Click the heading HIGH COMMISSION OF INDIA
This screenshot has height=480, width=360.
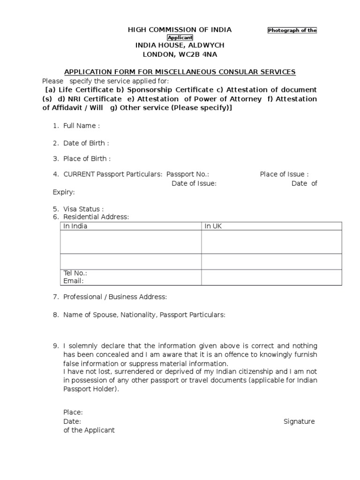(180, 30)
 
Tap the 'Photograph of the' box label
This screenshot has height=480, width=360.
(292, 30)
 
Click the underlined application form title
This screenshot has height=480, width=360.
(180, 72)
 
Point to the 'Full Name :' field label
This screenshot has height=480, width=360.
(82, 126)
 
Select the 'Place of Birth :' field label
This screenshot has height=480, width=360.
(87, 158)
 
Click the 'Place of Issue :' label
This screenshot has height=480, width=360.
(284, 174)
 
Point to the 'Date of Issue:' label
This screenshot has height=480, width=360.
(194, 183)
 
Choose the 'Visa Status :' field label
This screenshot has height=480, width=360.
(83, 209)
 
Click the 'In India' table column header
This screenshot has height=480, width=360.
(75, 226)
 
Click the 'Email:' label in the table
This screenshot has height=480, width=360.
(74, 281)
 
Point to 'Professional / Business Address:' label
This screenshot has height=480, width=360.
(115, 297)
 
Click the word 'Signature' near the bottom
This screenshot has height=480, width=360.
(299, 421)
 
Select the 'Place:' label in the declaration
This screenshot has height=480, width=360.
(73, 412)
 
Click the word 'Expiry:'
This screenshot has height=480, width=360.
(64, 192)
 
